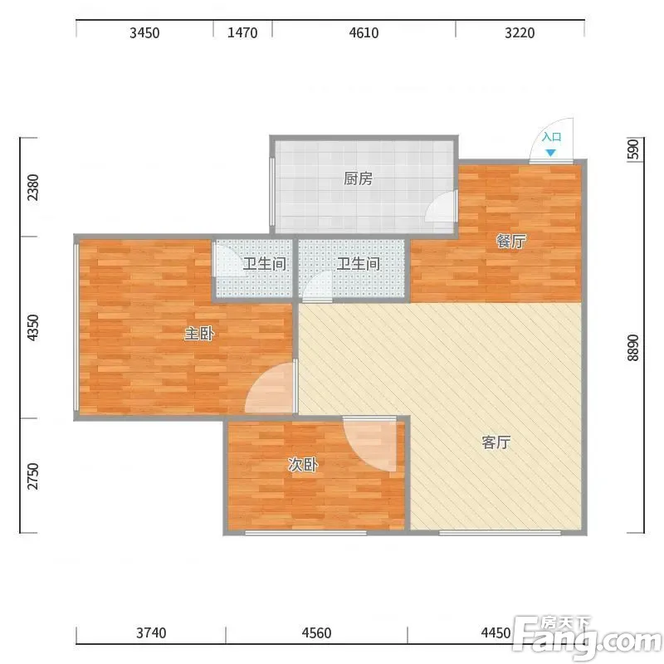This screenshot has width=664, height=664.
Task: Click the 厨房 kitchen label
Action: pyautogui.click(x=359, y=178)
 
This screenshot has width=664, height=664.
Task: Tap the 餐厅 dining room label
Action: pyautogui.click(x=511, y=242)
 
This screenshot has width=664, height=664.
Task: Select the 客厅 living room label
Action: pyautogui.click(x=496, y=442)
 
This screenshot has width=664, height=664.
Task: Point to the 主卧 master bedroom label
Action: pyautogui.click(x=199, y=334)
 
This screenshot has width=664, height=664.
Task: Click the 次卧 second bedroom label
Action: pyautogui.click(x=303, y=465)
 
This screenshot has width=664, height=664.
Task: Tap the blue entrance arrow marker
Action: pyautogui.click(x=550, y=153)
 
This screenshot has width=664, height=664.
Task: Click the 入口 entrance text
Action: pyautogui.click(x=552, y=137)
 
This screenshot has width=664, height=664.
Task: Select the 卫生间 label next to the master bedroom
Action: pyautogui.click(x=264, y=264)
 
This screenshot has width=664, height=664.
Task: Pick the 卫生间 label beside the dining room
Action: pyautogui.click(x=359, y=264)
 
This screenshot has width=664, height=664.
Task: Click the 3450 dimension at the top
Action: pyautogui.click(x=144, y=33)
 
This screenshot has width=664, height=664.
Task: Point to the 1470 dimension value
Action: pyautogui.click(x=242, y=33)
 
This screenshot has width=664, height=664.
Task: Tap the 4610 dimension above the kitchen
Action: pyautogui.click(x=364, y=33)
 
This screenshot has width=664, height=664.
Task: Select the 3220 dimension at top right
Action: pyautogui.click(x=520, y=33)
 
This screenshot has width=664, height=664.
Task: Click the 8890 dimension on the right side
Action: pyautogui.click(x=632, y=347)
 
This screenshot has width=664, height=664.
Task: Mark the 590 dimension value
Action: pyautogui.click(x=632, y=149)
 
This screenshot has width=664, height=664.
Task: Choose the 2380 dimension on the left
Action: pyautogui.click(x=33, y=188)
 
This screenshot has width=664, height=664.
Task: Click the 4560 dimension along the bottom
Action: pyautogui.click(x=317, y=633)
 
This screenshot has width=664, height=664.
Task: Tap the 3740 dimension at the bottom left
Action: pyautogui.click(x=151, y=633)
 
